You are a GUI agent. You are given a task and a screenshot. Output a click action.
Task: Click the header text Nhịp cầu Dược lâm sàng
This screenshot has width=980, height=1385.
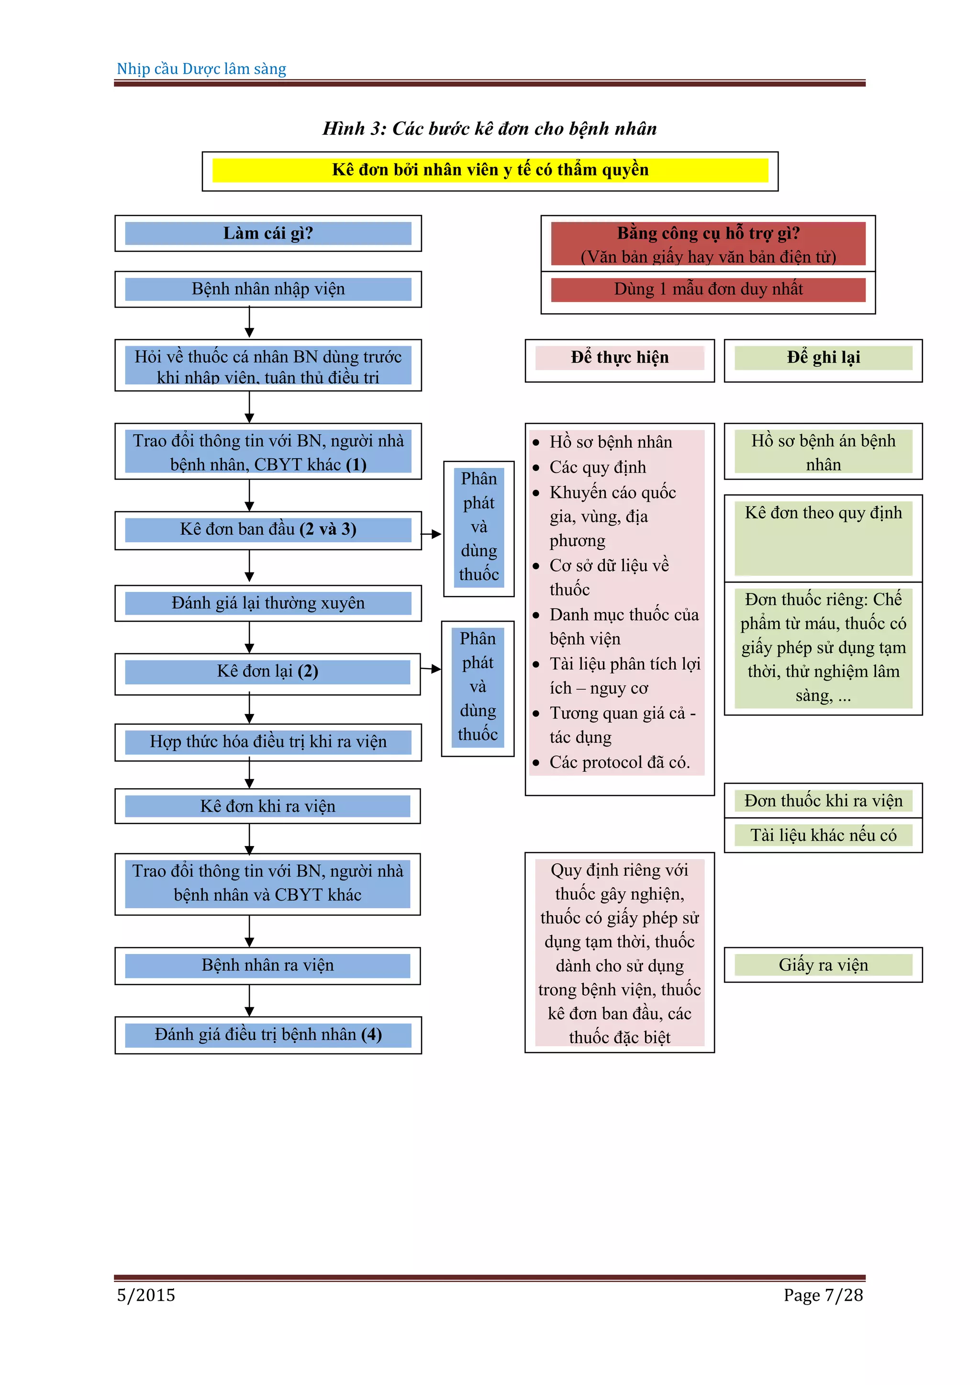pos(201,69)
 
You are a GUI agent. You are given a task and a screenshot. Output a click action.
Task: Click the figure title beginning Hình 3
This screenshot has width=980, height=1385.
pos(490,129)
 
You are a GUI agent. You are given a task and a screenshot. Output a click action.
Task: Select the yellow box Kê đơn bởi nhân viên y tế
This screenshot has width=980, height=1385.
pos(490,170)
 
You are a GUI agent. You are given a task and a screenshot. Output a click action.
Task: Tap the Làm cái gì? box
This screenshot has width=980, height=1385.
pos(268,233)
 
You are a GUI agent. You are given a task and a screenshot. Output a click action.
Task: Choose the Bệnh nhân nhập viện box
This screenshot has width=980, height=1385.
pos(268,289)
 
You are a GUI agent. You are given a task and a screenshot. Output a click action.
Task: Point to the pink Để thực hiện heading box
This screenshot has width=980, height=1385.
pos(620,358)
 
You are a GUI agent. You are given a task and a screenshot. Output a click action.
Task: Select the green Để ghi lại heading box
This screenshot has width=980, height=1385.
pos(823,358)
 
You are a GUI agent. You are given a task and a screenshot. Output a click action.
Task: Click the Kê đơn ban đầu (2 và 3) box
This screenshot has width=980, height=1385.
pos(268,529)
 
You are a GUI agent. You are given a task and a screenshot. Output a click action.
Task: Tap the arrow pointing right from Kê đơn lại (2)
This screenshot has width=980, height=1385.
pos(431,669)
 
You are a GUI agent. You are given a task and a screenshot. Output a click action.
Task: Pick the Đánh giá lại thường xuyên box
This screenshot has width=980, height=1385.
pos(268,603)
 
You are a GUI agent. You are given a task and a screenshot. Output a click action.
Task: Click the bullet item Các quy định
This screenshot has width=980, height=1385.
pos(597,468)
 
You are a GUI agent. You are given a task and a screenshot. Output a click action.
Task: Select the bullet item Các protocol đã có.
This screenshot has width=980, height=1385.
pos(619,762)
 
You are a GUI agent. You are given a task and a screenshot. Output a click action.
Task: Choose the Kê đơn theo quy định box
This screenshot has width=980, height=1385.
pos(823,513)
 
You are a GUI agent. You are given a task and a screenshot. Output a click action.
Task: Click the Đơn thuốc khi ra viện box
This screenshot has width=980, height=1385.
pos(823,801)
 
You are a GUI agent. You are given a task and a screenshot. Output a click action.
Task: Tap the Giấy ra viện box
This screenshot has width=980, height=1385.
pos(823,965)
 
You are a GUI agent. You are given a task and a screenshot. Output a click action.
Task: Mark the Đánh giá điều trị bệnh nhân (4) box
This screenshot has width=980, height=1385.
pos(268,1035)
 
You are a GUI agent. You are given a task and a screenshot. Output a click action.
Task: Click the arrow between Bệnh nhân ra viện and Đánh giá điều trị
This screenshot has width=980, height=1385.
pos(250,1001)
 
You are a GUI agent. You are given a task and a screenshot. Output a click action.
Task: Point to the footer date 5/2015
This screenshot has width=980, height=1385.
pos(146,1295)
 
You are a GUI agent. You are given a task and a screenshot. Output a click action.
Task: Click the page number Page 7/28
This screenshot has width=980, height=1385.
pos(823,1295)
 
